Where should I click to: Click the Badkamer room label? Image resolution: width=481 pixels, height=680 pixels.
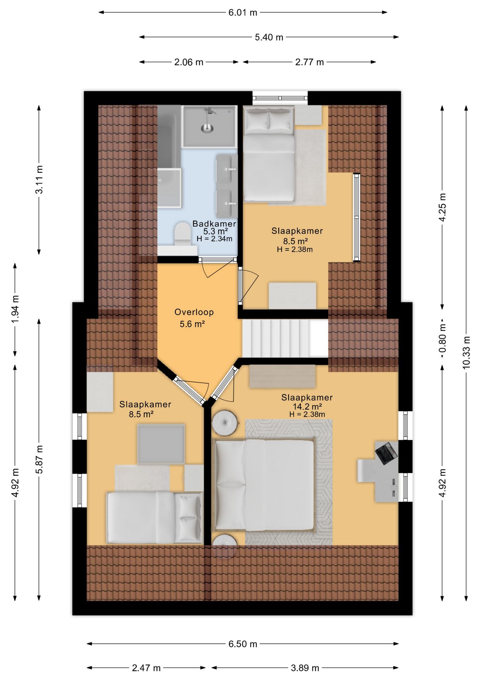click(214, 223)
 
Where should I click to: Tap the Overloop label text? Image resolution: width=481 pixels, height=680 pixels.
click(194, 312)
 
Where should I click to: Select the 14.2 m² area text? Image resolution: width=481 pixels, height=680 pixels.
click(307, 406)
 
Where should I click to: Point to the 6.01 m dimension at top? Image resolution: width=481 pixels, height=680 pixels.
click(243, 12)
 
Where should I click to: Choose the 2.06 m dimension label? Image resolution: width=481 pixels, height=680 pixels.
click(189, 62)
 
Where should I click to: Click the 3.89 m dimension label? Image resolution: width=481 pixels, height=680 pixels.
click(305, 668)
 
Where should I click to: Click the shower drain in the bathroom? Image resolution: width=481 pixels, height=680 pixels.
click(208, 128)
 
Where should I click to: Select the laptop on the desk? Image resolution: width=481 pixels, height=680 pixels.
click(386, 453)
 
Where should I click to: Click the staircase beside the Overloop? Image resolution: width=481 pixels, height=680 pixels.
click(285, 339)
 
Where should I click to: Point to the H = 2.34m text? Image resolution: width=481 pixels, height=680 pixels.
click(215, 239)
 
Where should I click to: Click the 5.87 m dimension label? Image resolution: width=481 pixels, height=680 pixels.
click(39, 459)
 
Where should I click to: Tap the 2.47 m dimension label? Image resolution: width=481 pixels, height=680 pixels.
click(146, 668)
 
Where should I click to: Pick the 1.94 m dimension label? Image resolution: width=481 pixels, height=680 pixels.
click(15, 309)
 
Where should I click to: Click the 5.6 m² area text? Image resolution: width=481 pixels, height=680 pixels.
click(192, 324)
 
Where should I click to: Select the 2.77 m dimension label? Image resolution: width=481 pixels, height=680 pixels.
click(310, 62)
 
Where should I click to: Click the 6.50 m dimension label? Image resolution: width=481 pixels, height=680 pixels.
click(243, 644)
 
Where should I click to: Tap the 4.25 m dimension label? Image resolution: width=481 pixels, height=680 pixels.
click(442, 207)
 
